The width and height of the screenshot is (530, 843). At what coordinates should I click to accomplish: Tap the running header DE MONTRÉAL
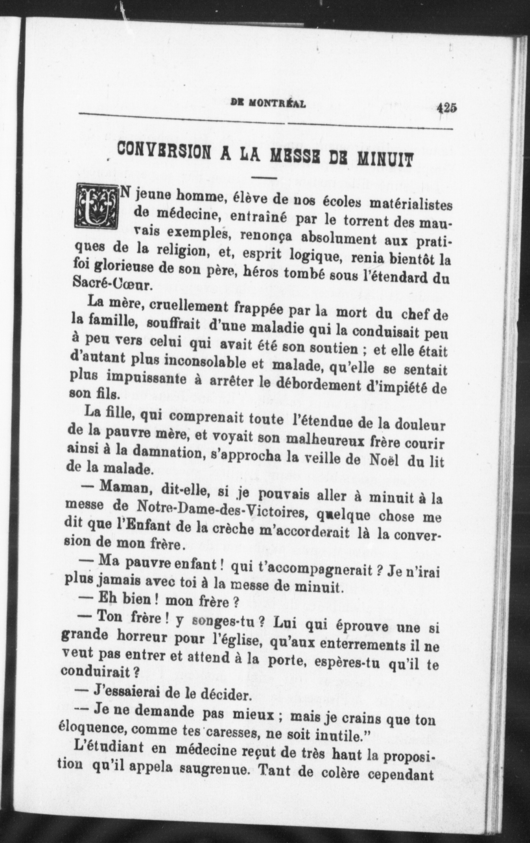click(x=269, y=104)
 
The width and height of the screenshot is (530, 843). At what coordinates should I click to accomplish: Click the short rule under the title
click(x=264, y=178)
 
